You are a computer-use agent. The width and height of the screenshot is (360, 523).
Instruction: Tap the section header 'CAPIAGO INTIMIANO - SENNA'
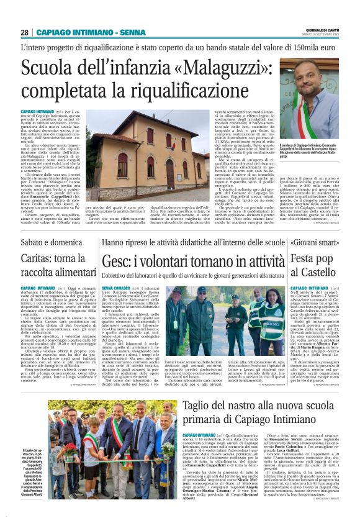pyautogui.click(x=82, y=32)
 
